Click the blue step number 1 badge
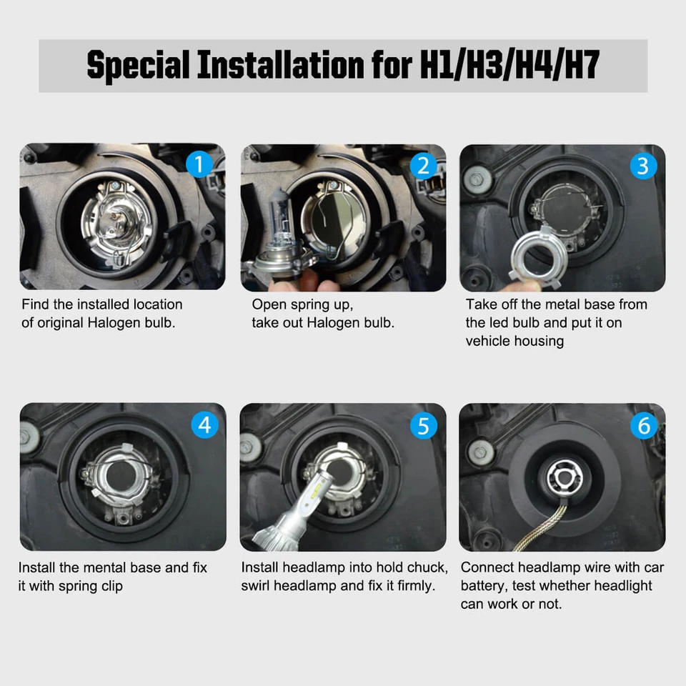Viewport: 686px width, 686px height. point(199,165)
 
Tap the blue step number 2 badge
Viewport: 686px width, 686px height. point(423,166)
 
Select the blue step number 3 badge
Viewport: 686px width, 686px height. point(643,166)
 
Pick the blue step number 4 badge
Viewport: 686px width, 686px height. point(205,425)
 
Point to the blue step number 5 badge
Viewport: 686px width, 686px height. point(423,426)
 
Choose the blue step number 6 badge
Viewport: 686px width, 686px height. point(643,426)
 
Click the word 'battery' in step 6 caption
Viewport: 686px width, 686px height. point(484,586)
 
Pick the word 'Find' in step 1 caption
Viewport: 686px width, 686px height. point(36,304)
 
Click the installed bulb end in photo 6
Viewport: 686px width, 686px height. point(565,477)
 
